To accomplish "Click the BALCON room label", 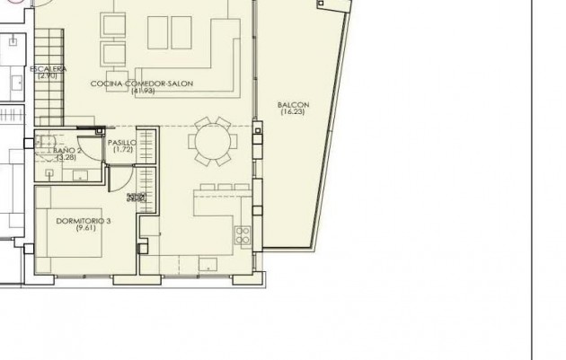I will click(295, 105).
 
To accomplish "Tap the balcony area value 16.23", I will click(295, 113).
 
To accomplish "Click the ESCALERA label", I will click(48, 69).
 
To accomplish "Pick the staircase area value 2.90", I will click(48, 76).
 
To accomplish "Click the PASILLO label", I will click(121, 143).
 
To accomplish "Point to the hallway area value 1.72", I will click(121, 151).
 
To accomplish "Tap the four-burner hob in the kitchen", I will click(243, 235).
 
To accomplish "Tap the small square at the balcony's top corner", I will click(322, 4).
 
